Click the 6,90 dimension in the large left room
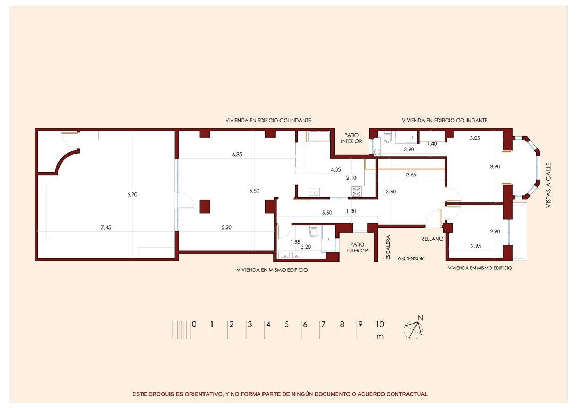pyautogui.click(x=132, y=195)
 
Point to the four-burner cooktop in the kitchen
pyautogui.click(x=357, y=191)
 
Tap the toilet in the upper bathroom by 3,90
pyautogui.click(x=387, y=138)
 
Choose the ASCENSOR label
pyautogui.click(x=411, y=259)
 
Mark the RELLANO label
pyautogui.click(x=432, y=239)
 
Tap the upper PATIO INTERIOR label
pyautogui.click(x=353, y=138)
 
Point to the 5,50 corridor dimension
pyautogui.click(x=327, y=212)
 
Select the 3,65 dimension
pyautogui.click(x=411, y=175)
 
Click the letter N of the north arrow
pyautogui.click(x=420, y=318)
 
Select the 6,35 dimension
pyautogui.click(x=237, y=155)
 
